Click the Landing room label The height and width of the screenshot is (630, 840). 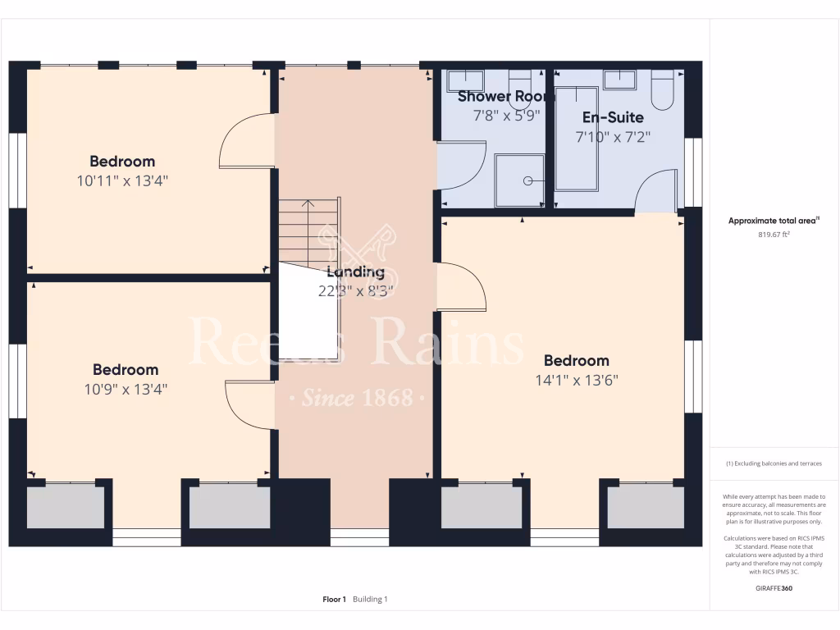355,272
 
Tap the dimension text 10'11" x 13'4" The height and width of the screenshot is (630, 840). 122,180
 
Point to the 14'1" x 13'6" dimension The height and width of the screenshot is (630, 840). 576,380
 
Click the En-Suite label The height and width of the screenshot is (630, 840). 613,117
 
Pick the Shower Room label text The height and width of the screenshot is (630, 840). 505,97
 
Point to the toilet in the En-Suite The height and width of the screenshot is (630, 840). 663,89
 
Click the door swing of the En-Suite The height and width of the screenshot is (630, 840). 658,190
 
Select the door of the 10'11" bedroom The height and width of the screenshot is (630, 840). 247,141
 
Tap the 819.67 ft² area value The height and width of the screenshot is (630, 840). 774,234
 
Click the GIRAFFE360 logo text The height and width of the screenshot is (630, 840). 774,587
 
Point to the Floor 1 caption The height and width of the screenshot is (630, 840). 335,600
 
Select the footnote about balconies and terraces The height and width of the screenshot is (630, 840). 774,463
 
